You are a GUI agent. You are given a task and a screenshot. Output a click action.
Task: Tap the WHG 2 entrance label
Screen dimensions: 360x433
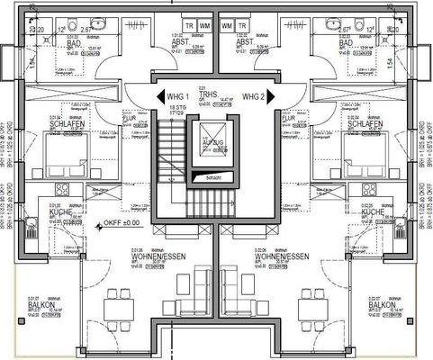tap(255, 96)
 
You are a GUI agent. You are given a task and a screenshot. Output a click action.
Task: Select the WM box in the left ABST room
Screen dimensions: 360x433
tap(205, 25)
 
